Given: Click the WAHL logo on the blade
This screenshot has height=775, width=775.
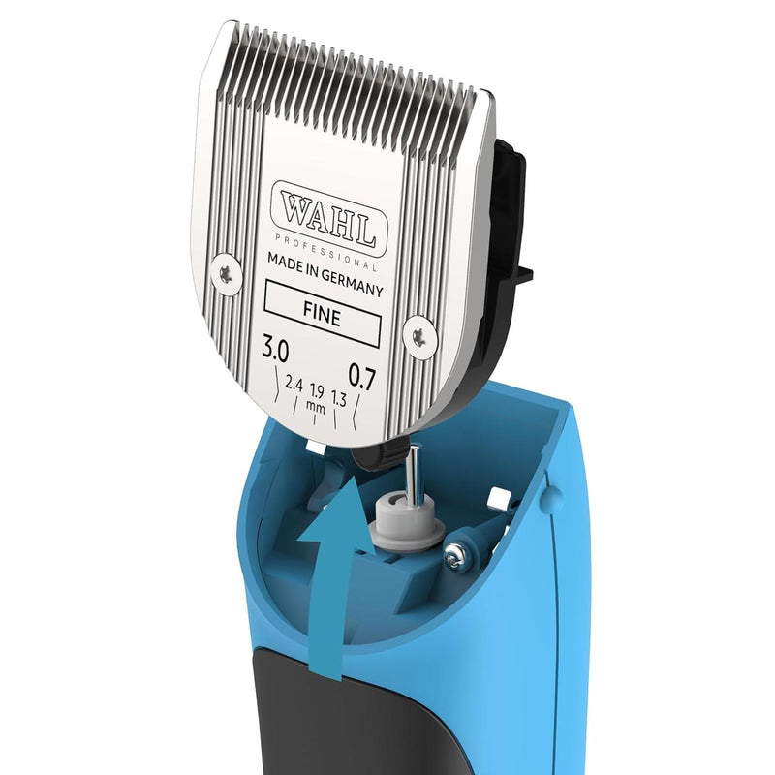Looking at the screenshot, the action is tap(329, 219).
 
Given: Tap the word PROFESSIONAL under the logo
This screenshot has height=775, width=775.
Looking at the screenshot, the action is tap(325, 254).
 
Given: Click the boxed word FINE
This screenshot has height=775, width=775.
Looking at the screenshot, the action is tap(322, 313).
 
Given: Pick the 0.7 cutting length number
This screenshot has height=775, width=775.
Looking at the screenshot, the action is tap(362, 376).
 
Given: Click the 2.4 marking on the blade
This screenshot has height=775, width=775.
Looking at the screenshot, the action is tap(294, 384).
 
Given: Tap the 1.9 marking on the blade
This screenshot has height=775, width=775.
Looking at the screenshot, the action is tap(317, 391).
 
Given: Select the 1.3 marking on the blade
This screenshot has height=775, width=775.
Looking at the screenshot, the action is tap(339, 398).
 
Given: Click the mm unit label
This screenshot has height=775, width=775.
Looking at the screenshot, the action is tap(316, 407).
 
